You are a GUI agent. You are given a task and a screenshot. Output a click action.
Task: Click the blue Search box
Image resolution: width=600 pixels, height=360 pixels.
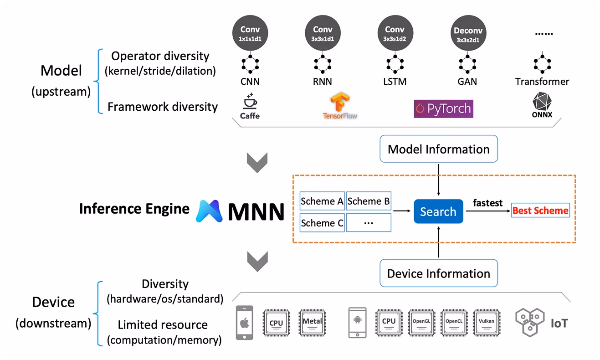coord(438,211)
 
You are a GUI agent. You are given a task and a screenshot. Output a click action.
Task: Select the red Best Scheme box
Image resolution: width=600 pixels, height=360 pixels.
coord(540,210)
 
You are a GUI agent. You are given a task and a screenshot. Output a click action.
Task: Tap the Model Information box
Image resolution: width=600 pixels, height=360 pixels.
coord(438,149)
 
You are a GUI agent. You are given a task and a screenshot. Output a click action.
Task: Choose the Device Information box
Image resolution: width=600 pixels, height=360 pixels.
coord(438,273)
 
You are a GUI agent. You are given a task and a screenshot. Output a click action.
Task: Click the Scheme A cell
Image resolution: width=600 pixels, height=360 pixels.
coord(322,201)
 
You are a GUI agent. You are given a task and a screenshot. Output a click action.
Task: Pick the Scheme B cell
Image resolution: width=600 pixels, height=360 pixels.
coord(369,201)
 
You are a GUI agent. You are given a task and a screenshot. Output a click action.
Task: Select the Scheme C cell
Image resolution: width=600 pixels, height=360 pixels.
coord(322,222)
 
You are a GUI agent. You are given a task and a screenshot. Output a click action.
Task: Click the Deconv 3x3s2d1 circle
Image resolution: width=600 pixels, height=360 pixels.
coord(468,33)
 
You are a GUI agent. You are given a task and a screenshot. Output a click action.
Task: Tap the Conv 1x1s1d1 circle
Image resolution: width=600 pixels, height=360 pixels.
coord(250,33)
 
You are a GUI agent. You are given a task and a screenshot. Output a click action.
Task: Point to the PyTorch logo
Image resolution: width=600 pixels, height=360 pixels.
coord(444,109)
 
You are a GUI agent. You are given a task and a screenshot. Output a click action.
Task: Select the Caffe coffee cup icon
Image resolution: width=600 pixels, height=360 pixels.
coord(250,101)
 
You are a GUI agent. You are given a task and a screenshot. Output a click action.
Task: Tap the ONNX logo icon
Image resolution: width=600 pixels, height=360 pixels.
coord(542,101)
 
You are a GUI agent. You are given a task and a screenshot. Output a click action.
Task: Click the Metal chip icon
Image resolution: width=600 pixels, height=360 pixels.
coord(312,323)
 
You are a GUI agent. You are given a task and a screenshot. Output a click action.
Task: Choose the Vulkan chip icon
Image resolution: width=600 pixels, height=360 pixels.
coord(487,323)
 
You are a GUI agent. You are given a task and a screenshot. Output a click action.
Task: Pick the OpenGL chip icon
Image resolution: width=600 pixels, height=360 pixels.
coord(421,323)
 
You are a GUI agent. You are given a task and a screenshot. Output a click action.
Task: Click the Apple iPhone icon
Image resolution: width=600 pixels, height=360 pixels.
coord(244,323)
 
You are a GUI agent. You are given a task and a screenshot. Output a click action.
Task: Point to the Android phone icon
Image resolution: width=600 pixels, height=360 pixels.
coord(357,323)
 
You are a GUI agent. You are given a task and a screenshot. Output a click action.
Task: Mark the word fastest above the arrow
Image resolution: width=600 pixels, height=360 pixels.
coord(487,203)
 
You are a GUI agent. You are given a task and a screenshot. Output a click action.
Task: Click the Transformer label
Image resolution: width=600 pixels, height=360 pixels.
coord(542,82)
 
